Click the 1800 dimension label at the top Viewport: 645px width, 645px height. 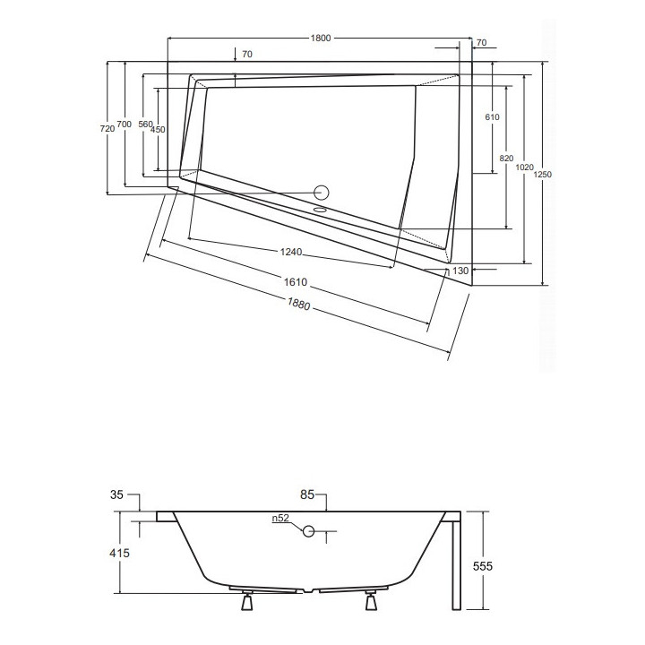321,39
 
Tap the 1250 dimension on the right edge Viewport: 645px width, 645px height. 543,175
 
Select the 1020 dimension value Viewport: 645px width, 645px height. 524,167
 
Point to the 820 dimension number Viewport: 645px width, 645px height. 507,159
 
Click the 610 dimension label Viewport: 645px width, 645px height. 492,117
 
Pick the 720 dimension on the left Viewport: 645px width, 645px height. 107,129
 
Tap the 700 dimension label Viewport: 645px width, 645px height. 125,124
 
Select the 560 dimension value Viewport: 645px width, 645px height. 146,125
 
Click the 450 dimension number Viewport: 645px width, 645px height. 158,130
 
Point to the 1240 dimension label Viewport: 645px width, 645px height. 291,252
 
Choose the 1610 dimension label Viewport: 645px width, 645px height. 296,282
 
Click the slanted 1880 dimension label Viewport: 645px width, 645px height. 298,304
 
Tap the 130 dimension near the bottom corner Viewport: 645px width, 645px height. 460,271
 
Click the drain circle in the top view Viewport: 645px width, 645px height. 322,193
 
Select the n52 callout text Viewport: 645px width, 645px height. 281,519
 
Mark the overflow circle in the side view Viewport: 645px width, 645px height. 308,531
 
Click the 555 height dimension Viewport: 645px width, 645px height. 483,566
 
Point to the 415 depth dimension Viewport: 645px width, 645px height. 120,554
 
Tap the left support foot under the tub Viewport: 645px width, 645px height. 247,600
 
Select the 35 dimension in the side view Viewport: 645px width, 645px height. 116,494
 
